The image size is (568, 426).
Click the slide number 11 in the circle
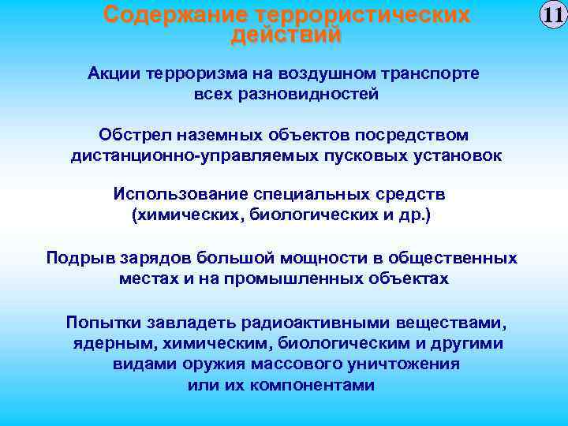(x=551, y=16)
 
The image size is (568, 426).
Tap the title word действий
(x=286, y=35)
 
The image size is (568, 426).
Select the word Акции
(x=114, y=73)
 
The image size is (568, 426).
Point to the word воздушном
(x=338, y=73)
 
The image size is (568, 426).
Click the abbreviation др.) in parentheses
(x=415, y=215)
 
